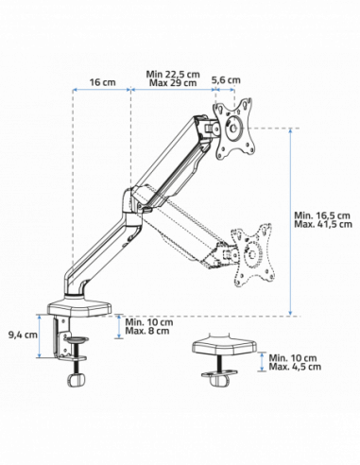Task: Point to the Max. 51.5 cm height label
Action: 324,224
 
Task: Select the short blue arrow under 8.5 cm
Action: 227,92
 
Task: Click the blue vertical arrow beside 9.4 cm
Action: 39,338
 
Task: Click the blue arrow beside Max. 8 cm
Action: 119,327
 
